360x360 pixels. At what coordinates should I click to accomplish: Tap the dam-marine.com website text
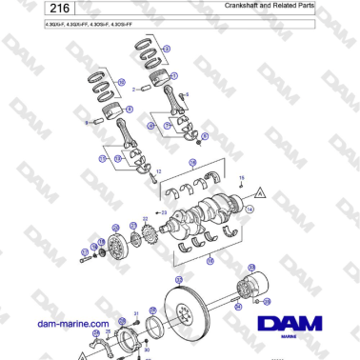coord(75,324)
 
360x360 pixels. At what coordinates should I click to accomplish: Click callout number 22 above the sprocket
coord(145,219)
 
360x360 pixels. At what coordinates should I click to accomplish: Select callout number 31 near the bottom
coord(136,313)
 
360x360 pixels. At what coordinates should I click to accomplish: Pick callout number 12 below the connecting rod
coord(158,171)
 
